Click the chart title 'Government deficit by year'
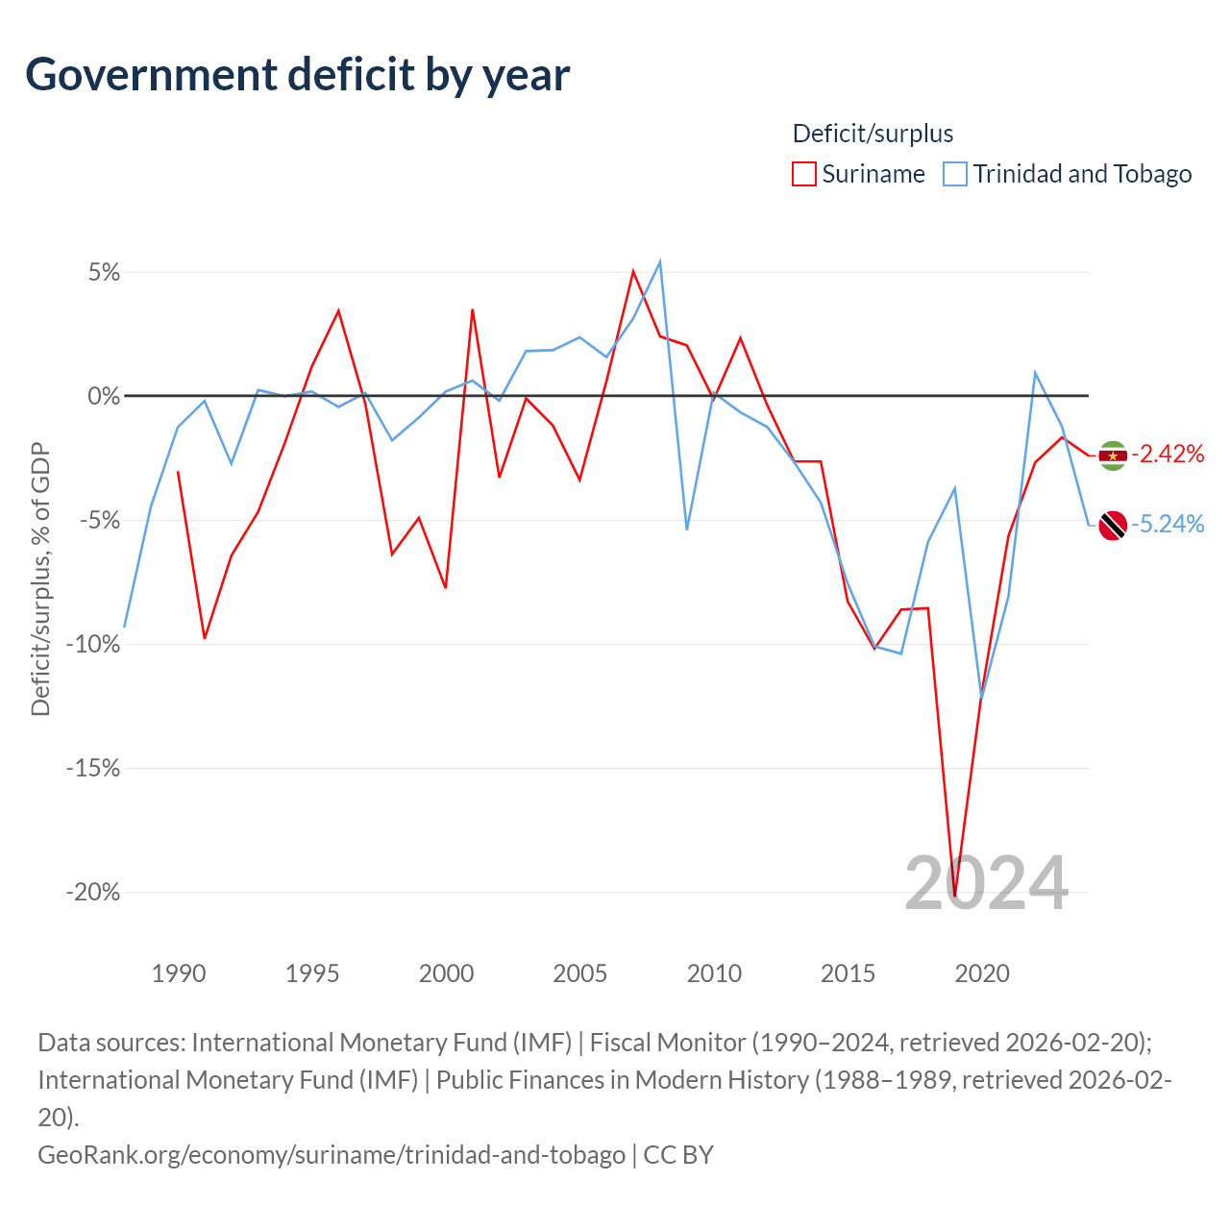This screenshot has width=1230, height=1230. coord(298,75)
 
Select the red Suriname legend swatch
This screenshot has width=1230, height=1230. coord(804,174)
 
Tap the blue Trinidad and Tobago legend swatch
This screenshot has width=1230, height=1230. coord(955,174)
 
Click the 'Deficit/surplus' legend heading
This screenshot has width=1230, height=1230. coord(873,134)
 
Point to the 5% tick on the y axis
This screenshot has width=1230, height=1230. coord(104,273)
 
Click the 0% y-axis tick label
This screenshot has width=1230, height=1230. coord(104,396)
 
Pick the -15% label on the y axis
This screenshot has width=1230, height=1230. coord(93,768)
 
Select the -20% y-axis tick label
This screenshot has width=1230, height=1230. coord(93,892)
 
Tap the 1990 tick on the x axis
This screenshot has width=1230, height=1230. coord(179,973)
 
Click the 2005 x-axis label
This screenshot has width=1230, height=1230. coord(579,973)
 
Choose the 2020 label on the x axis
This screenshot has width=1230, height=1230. coord(982,973)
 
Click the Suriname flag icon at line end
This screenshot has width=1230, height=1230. coord(1113,455)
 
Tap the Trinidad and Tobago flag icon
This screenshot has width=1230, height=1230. coord(1113,525)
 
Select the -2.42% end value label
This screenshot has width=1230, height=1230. coord(1168,454)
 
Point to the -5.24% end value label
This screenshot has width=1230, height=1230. coord(1168,524)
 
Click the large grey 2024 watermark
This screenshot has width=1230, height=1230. coord(987,883)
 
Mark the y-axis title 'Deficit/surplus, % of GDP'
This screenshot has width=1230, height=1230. coord(40,579)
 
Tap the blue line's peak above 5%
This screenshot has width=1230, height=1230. coord(659,261)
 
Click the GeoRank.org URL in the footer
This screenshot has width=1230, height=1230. coord(332,1154)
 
